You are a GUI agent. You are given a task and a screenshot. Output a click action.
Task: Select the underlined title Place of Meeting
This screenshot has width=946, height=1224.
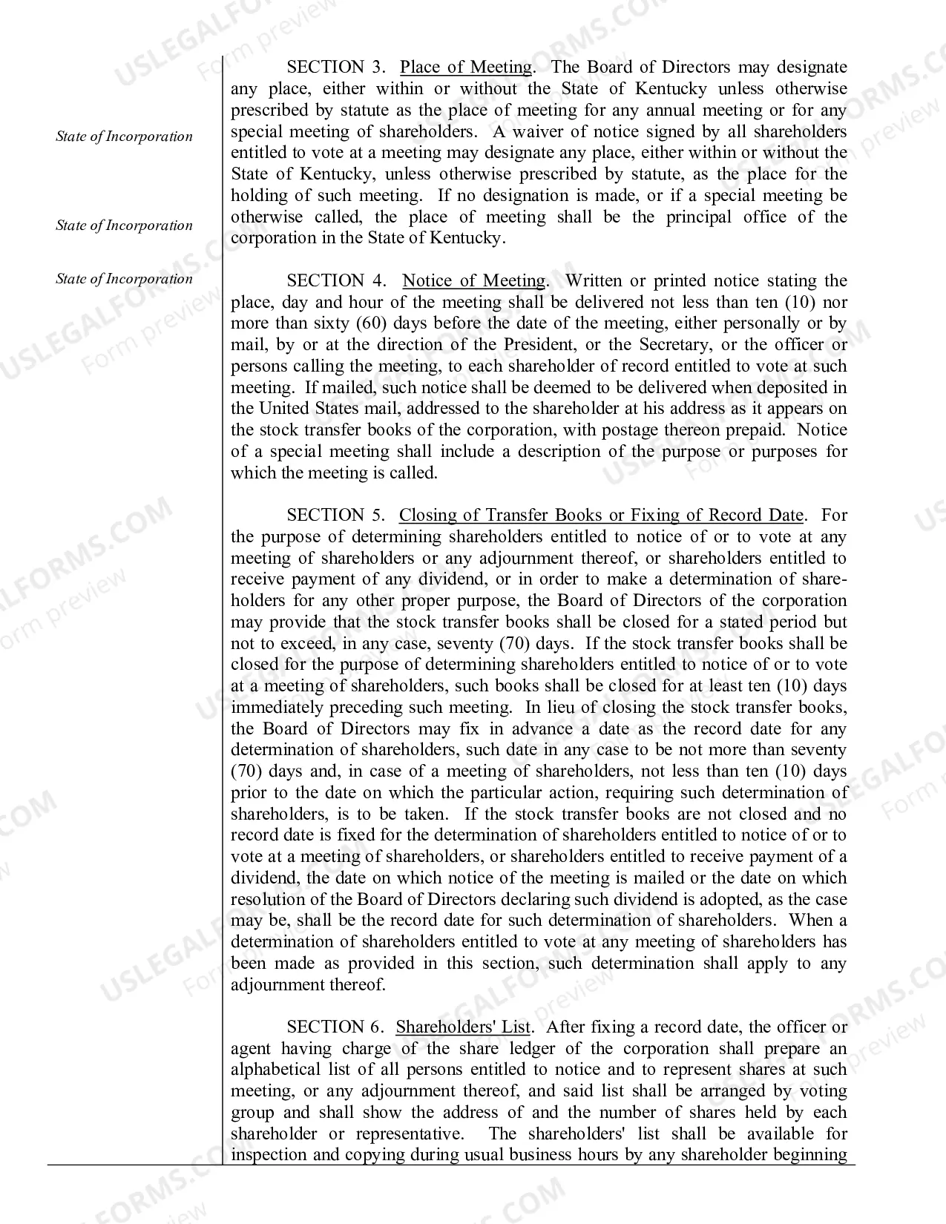pyautogui.click(x=466, y=68)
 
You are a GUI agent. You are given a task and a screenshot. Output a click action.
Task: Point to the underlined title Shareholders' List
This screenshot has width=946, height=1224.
pyautogui.click(x=463, y=1027)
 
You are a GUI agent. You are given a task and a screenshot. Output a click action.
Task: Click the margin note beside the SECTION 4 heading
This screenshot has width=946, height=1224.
pyautogui.click(x=124, y=279)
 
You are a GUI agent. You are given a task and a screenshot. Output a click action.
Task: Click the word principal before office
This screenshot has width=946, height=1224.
pyautogui.click(x=710, y=217)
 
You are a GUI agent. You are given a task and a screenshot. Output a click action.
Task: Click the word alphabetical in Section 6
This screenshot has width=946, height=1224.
pyautogui.click(x=275, y=1070)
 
